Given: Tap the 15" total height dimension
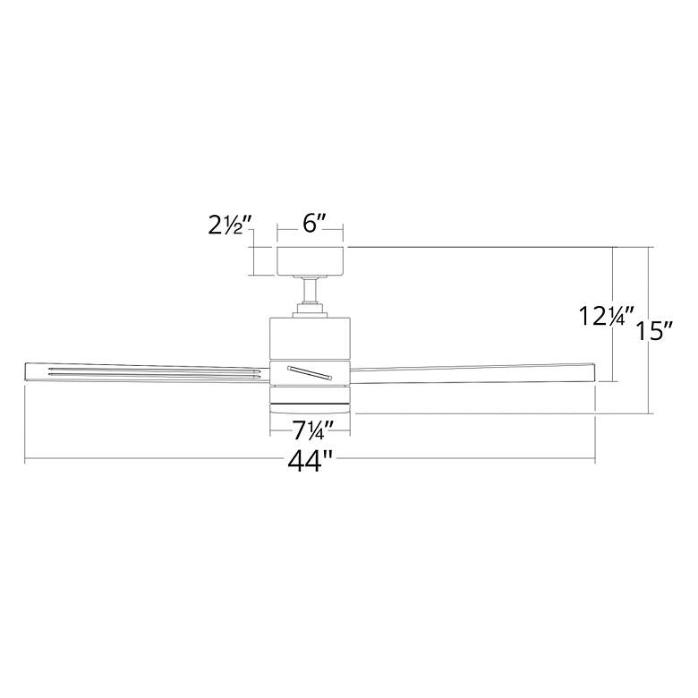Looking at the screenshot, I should [656, 331].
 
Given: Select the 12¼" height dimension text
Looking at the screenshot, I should [606, 315].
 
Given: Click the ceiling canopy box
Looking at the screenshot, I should [311, 260].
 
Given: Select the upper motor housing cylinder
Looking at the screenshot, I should [311, 338].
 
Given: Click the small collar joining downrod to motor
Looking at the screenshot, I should [311, 310].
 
